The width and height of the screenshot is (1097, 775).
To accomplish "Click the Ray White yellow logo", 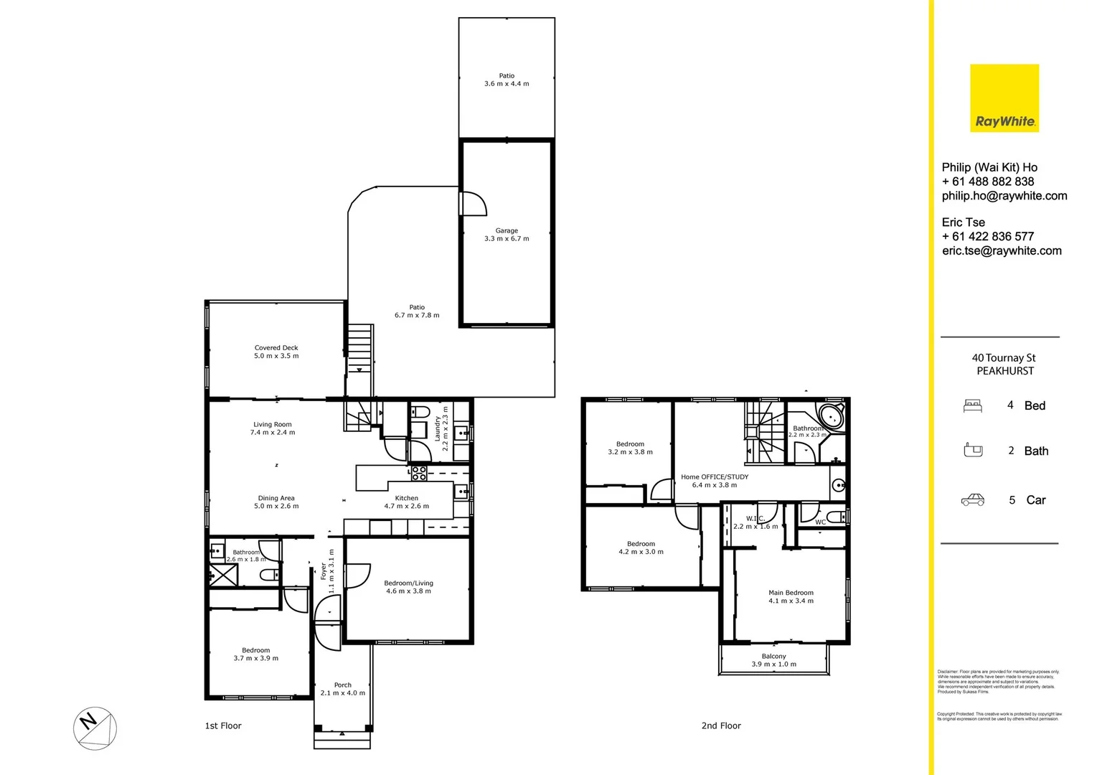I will click(1004, 98).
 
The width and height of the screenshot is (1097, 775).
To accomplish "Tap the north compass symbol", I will click(95, 728).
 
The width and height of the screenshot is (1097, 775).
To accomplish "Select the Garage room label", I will click(507, 235).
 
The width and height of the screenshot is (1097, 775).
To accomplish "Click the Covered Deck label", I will click(276, 352).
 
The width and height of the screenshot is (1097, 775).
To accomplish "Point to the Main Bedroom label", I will click(791, 597).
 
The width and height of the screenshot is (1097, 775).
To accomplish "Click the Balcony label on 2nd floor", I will click(773, 660).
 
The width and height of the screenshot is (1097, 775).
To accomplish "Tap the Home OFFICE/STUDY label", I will click(714, 481).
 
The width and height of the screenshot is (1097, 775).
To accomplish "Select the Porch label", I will click(343, 689).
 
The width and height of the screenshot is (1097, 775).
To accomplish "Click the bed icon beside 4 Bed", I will click(972, 406).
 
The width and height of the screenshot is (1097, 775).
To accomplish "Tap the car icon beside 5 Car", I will click(972, 500).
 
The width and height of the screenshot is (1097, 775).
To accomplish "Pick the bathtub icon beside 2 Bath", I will click(972, 451).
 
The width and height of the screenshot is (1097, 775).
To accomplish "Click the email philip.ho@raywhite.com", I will click(1004, 196).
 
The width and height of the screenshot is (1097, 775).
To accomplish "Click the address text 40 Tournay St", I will click(1003, 358).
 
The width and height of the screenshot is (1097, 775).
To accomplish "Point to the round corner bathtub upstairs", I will click(832, 416).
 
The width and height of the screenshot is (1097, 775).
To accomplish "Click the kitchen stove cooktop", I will click(419, 473).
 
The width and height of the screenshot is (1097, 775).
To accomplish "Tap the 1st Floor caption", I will click(223, 726).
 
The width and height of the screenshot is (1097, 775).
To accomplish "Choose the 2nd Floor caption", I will click(720, 726).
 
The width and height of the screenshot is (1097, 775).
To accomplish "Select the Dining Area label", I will click(276, 502).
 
